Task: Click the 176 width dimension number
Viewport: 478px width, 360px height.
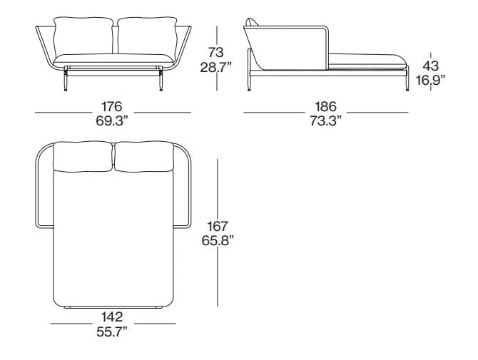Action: pyautogui.click(x=113, y=107)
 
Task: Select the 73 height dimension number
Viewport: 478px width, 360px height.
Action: pyautogui.click(x=215, y=52)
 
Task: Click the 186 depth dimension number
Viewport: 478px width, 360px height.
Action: pyautogui.click(x=325, y=107)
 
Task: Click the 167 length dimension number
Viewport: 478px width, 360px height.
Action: pyautogui.click(x=217, y=227)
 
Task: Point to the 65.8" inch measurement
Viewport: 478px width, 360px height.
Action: pyautogui.click(x=217, y=240)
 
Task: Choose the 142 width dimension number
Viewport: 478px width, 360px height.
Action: pyautogui.click(x=112, y=317)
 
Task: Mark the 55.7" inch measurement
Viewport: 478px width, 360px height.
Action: pyautogui.click(x=112, y=330)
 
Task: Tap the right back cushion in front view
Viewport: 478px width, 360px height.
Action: pyautogui.click(x=145, y=38)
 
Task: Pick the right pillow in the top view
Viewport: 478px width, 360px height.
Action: pyautogui.click(x=143, y=158)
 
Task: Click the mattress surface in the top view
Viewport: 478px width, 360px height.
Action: pyautogui.click(x=113, y=242)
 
